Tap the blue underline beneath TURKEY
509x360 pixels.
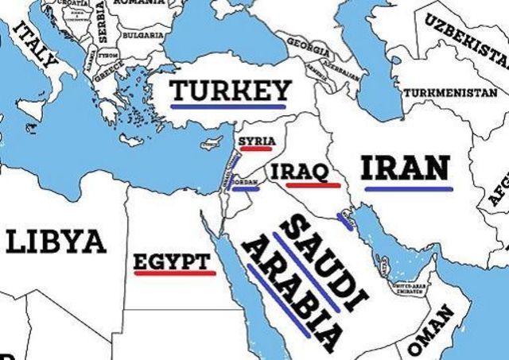pyautogui.click(x=229, y=106)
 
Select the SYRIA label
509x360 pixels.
pyautogui.click(x=256, y=140)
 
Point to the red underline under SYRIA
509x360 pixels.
pyautogui.click(x=256, y=149)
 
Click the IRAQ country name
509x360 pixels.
pyautogui.click(x=300, y=172)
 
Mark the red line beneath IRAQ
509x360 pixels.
pyautogui.click(x=309, y=184)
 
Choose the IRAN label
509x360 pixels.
pyautogui.click(x=406, y=168)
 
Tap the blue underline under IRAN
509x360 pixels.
pyautogui.click(x=409, y=188)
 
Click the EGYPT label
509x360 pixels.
pyautogui.click(x=173, y=261)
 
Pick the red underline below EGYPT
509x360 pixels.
pyautogui.click(x=175, y=273)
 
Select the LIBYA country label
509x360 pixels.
pyautogui.click(x=56, y=241)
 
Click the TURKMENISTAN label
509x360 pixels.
pyautogui.click(x=450, y=93)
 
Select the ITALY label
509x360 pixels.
pyautogui.click(x=37, y=47)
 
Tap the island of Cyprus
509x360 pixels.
pyautogui.click(x=211, y=145)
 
